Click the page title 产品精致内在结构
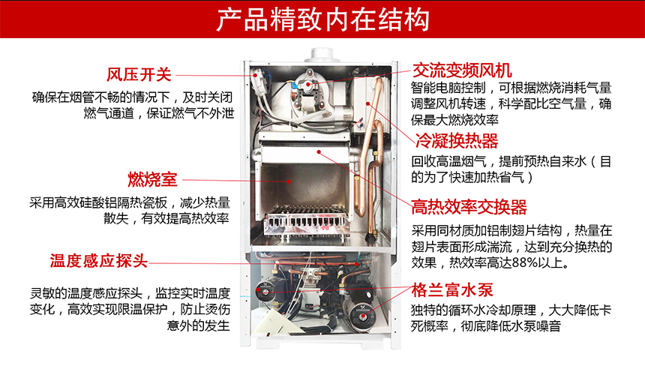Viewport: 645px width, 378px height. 322,20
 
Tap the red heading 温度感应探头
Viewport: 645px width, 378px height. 98,261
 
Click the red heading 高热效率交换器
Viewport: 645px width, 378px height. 469,207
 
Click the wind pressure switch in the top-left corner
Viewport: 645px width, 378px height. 261,76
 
